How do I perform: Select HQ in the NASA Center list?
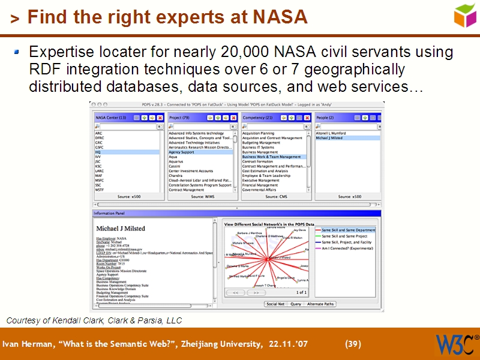tap(98, 152)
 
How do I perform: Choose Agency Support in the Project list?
tap(182, 152)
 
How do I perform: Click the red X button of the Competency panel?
tap(307, 118)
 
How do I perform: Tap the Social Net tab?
tap(275, 304)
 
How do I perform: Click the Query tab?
tap(296, 304)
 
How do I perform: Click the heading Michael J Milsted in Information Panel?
tap(121, 229)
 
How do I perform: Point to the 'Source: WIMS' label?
tap(202, 197)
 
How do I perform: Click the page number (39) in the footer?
tap(353, 344)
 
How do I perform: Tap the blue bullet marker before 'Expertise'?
tap(17, 53)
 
